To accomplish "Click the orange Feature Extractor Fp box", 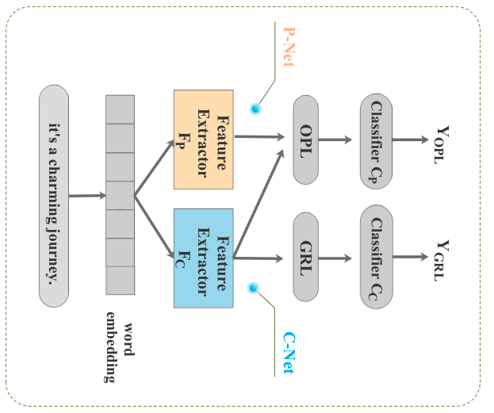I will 203,140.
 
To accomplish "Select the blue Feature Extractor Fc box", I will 203,258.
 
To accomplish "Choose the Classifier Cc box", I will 377,255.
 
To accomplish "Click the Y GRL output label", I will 445,260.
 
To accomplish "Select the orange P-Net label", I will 288,44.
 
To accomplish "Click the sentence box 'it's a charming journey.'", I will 53,197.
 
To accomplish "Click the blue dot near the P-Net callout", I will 255,109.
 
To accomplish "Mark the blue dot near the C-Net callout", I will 255,289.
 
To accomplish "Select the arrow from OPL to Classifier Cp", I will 341,140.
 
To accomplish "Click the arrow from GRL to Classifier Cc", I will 341,258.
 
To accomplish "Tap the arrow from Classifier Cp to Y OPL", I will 412,140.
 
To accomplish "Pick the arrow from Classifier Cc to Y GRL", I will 412,257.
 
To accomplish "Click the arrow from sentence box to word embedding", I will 87,196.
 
